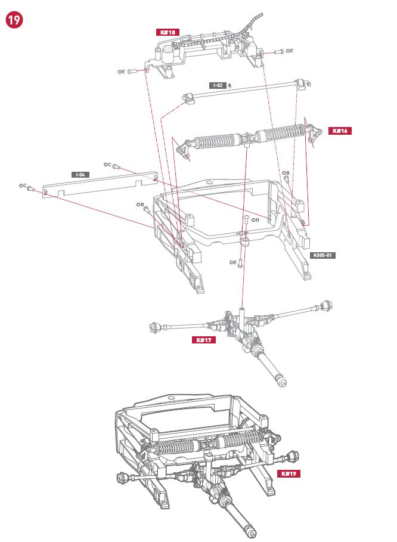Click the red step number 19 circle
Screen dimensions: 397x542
pos(14,20)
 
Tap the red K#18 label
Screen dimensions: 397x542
pos(168,32)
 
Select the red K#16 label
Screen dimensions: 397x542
pos(340,131)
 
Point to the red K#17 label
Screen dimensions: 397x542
pos(204,340)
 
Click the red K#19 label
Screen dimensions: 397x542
pos(289,473)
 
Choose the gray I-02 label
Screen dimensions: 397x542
pos(218,85)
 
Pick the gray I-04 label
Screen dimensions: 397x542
pos(80,175)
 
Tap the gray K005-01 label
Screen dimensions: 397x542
pos(322,255)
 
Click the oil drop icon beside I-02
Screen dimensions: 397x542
pos(229,86)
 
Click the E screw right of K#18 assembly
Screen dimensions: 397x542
pos(278,52)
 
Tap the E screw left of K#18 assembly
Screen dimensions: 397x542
pos(132,72)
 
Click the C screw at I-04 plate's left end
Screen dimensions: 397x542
pos(30,188)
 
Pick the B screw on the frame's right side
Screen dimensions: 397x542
pos(287,179)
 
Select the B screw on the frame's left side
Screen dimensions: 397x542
pos(145,209)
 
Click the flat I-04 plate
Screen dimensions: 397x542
pos(100,184)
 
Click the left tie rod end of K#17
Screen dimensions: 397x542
pos(154,327)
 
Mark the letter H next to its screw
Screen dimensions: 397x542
pos(257,220)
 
